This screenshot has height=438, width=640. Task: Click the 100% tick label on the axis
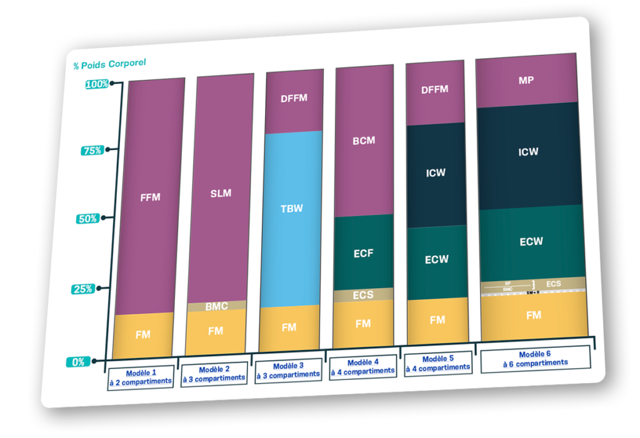(x=97, y=84)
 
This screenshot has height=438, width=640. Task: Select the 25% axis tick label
(x=84, y=289)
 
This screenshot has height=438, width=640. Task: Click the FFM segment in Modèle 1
(x=150, y=197)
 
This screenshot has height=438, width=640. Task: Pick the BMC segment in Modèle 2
(x=216, y=306)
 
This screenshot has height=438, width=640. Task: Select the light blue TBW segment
(x=291, y=208)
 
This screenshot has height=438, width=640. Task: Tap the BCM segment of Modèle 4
(x=364, y=141)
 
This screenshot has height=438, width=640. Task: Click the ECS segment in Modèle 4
(x=363, y=294)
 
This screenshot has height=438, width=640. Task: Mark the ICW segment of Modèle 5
(x=436, y=172)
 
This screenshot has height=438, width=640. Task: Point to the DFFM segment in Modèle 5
(x=435, y=89)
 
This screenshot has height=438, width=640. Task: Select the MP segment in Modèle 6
(x=526, y=80)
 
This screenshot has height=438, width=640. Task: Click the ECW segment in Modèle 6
(x=531, y=241)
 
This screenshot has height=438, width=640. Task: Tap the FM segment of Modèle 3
(x=289, y=327)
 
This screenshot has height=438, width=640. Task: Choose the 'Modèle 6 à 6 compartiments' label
(x=534, y=357)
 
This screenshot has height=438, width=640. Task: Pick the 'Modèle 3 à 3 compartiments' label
(x=289, y=369)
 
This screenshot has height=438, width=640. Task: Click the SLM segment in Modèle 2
(x=221, y=192)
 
